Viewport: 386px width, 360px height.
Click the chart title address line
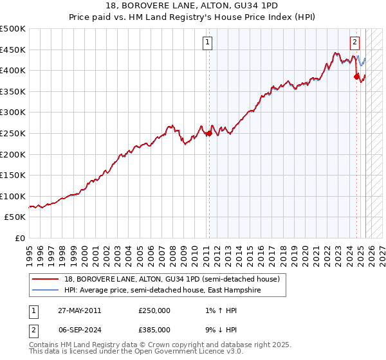192,6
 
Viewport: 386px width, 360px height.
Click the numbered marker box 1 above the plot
208,43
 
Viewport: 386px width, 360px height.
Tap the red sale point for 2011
209,134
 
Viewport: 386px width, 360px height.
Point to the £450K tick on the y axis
13,50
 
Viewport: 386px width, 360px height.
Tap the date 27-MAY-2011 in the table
79,310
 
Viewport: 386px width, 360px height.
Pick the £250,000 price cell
154,310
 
